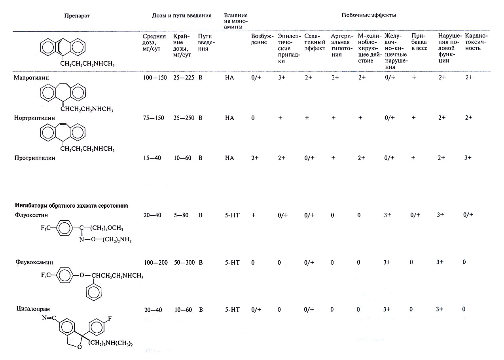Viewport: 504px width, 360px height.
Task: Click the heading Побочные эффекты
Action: tap(369, 15)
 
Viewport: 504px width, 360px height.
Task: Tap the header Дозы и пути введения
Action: tap(182, 15)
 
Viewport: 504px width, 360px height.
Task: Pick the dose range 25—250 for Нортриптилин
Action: tap(184, 118)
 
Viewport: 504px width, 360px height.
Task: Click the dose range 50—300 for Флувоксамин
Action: tap(184, 262)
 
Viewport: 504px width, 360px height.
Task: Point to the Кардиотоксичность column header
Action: tap(476, 42)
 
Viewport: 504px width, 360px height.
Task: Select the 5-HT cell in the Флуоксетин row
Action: tap(230, 215)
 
